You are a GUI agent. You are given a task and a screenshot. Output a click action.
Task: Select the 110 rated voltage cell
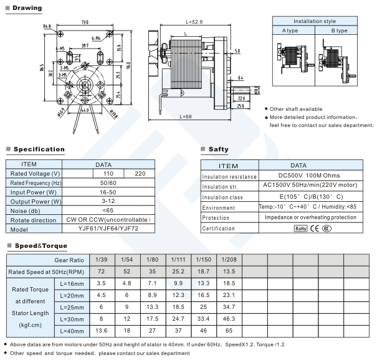tap(108, 173)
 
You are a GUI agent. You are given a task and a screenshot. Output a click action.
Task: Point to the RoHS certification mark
tap(300, 229)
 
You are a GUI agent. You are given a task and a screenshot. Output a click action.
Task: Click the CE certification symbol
tap(315, 229)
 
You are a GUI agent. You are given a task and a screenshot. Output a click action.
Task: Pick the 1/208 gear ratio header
tap(228, 259)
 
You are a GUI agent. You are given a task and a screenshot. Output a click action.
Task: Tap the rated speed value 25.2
tap(178, 272)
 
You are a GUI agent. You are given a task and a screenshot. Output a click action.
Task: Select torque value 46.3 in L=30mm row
tap(228, 318)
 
